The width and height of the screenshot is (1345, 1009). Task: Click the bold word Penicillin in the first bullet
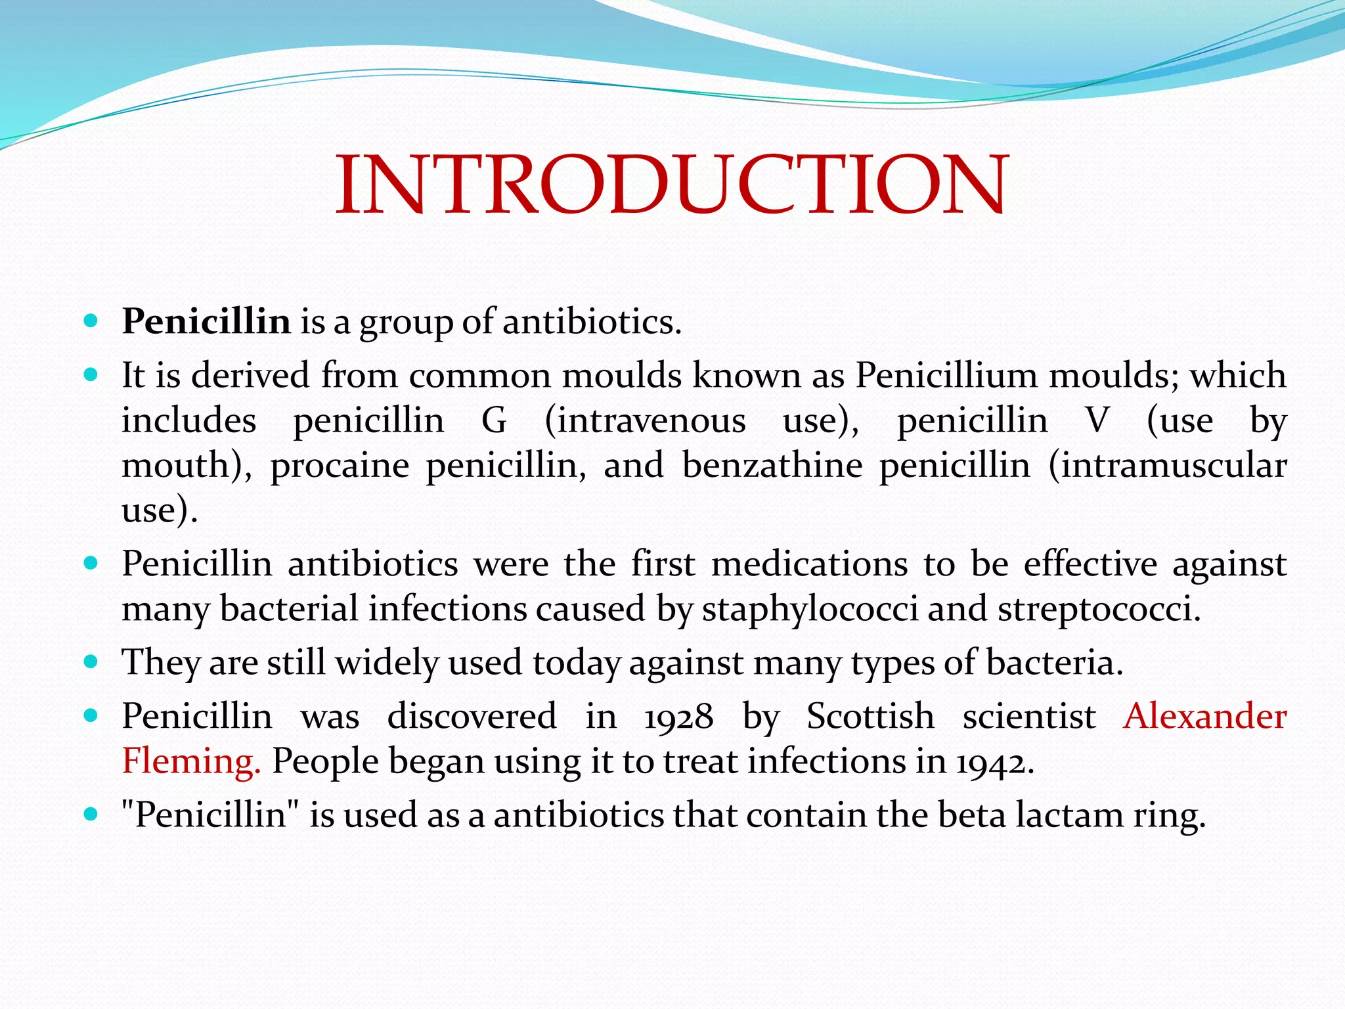pyautogui.click(x=206, y=322)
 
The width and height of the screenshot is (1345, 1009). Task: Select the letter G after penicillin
pyautogui.click(x=494, y=420)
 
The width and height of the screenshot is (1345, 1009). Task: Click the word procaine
pyautogui.click(x=340, y=466)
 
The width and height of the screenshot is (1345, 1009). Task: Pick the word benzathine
pyautogui.click(x=772, y=466)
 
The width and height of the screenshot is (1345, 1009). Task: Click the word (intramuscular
pyautogui.click(x=1167, y=466)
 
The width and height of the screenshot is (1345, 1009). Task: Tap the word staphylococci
pyautogui.click(x=810, y=609)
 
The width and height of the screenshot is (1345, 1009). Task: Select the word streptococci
pyautogui.click(x=1099, y=609)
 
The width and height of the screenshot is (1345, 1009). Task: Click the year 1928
pyautogui.click(x=678, y=717)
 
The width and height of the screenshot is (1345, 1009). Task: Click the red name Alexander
pyautogui.click(x=1204, y=717)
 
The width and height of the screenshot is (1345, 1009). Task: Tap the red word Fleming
pyautogui.click(x=191, y=762)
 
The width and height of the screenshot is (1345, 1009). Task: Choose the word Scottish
pyautogui.click(x=870, y=717)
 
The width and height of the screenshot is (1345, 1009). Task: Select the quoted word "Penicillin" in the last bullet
pyautogui.click(x=210, y=815)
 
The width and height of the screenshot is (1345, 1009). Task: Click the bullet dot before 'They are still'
pyautogui.click(x=91, y=661)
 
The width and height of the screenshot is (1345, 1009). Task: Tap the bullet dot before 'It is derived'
pyautogui.click(x=91, y=375)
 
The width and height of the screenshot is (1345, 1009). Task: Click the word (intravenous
pyautogui.click(x=645, y=420)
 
